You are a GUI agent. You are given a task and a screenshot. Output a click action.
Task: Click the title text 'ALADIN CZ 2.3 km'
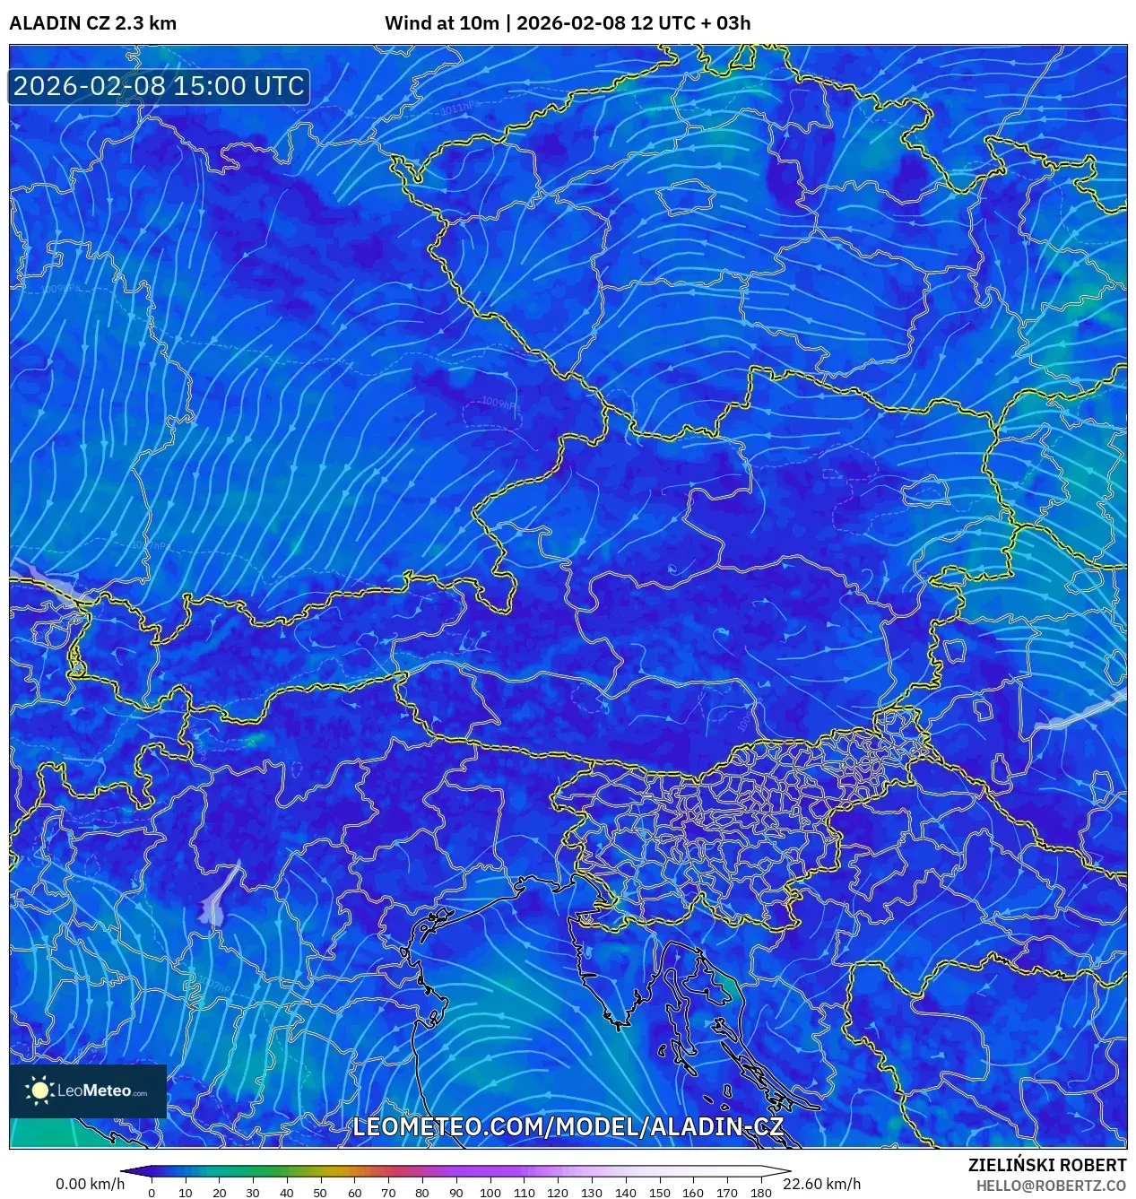(x=92, y=23)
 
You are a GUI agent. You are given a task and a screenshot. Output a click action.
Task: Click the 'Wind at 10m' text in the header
(x=441, y=23)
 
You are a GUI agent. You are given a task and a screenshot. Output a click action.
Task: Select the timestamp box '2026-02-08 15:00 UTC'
(x=159, y=86)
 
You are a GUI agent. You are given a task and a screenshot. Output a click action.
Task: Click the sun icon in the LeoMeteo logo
(x=39, y=1090)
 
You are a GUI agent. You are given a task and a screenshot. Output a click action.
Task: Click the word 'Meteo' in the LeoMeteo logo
(x=107, y=1091)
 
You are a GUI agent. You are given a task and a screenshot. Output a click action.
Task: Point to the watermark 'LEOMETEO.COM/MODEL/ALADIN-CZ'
(x=568, y=1127)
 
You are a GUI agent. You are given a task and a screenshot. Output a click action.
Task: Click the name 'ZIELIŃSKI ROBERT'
(x=1046, y=1165)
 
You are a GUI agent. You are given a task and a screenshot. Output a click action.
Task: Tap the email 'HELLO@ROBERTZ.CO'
(x=1051, y=1186)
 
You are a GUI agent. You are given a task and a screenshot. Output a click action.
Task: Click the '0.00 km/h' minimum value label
(x=90, y=1184)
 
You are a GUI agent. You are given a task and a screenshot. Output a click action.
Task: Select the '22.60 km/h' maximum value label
(x=821, y=1184)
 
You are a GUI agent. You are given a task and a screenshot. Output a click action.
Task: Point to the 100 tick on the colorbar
(x=490, y=1193)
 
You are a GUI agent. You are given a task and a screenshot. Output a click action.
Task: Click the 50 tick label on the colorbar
(x=320, y=1193)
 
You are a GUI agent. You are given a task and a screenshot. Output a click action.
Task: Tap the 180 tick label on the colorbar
(x=760, y=1193)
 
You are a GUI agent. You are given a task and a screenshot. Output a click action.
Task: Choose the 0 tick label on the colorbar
(x=151, y=1193)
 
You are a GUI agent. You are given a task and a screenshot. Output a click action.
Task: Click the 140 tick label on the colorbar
(x=625, y=1193)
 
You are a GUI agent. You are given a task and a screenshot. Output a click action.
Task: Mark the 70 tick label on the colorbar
(x=388, y=1193)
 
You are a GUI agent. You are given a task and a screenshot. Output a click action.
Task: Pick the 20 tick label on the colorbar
(x=219, y=1193)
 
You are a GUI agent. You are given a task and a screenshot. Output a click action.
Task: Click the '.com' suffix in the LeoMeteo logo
(x=140, y=1093)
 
